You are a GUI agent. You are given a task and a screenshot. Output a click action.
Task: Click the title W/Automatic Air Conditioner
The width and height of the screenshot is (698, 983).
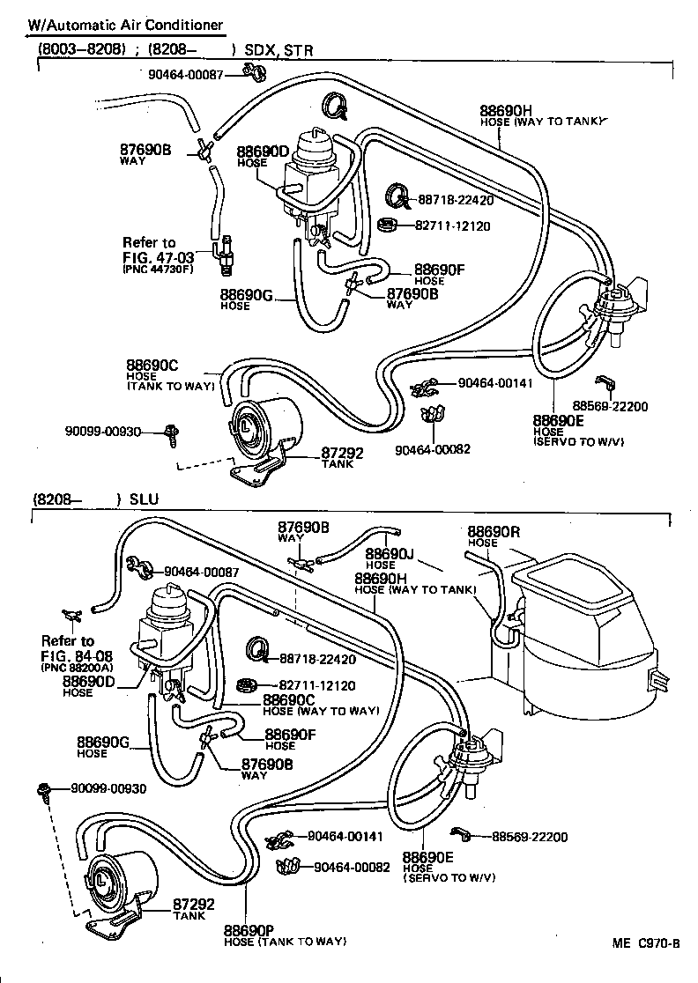[123, 26]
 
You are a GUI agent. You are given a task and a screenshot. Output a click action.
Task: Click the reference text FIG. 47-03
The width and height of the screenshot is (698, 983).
[157, 256]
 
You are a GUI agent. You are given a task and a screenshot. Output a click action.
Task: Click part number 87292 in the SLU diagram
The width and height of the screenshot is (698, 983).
[193, 904]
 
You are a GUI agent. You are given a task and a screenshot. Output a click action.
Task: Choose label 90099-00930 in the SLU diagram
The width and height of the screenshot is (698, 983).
[108, 788]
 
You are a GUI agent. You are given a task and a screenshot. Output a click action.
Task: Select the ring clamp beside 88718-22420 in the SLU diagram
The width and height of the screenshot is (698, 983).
[258, 650]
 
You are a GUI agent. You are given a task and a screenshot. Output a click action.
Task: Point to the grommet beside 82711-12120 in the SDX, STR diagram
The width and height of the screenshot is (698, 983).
[386, 225]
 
